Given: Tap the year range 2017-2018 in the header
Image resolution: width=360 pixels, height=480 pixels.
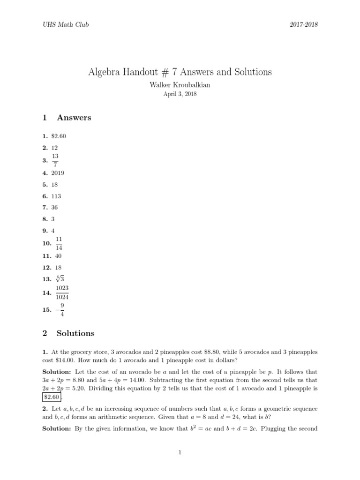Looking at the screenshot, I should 304,24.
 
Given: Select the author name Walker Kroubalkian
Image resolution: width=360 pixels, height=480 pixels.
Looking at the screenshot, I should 180,85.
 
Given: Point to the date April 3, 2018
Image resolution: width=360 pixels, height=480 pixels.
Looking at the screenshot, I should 180,94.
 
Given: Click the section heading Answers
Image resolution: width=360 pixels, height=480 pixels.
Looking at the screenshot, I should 74,118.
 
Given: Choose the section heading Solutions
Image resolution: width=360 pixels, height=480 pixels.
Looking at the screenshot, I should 75,333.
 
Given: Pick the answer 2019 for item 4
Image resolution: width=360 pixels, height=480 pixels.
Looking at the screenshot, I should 58,173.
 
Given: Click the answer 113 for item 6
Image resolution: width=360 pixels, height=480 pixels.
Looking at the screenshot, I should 56,196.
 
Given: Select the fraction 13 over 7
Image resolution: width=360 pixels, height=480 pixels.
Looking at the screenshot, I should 55,160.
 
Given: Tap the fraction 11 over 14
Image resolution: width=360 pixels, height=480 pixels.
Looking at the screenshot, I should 59,243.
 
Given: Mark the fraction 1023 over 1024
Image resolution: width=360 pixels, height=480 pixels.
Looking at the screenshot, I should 62,292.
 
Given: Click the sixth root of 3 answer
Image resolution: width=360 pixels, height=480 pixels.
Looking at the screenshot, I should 60,278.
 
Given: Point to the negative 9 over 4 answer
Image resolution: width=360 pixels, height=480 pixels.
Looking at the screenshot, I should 60,310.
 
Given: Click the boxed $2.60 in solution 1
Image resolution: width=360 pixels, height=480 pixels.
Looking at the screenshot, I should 52,397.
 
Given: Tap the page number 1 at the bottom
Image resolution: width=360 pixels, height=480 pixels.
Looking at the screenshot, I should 180,452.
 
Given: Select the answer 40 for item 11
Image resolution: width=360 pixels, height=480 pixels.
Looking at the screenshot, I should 58,256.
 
